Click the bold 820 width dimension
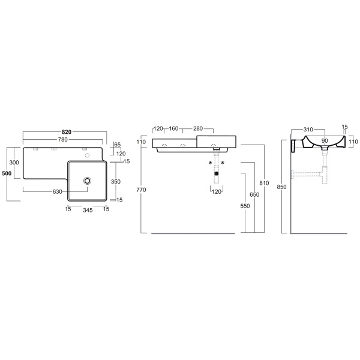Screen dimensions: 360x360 [67, 132]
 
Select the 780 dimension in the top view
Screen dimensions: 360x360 [62, 139]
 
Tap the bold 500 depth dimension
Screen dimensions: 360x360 [7, 173]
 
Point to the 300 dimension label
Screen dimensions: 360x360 [14, 163]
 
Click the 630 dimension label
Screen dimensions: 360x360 [58, 192]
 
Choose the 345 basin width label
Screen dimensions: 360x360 [88, 210]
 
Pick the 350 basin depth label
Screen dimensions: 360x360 [116, 182]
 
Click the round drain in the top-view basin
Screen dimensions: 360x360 [87, 181]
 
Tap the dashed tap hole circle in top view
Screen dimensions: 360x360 [87, 155]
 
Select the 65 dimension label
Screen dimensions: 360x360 [118, 145]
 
